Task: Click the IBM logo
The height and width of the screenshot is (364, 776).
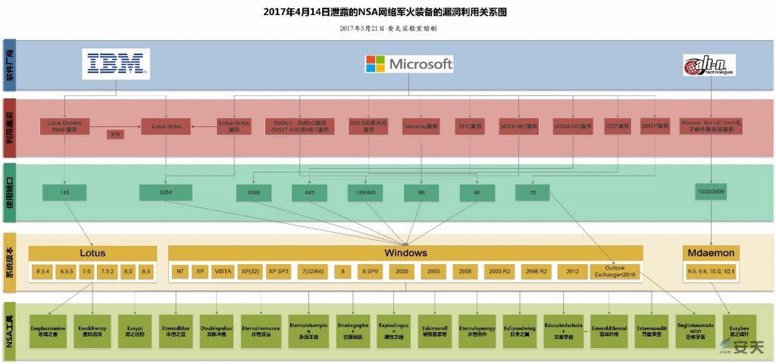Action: click(x=116, y=64)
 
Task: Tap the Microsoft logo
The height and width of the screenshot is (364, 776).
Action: click(x=409, y=64)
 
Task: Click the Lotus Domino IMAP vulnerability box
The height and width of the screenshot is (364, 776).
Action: click(x=66, y=126)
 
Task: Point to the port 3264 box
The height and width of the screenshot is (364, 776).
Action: click(x=166, y=193)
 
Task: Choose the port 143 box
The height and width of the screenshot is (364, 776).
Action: click(x=64, y=193)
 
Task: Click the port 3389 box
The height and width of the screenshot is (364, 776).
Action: click(x=253, y=193)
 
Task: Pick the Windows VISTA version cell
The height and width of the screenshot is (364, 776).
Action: click(x=223, y=271)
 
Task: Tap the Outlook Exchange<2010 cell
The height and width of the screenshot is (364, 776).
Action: click(x=615, y=271)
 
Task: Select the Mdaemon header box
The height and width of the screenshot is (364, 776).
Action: click(x=712, y=253)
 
